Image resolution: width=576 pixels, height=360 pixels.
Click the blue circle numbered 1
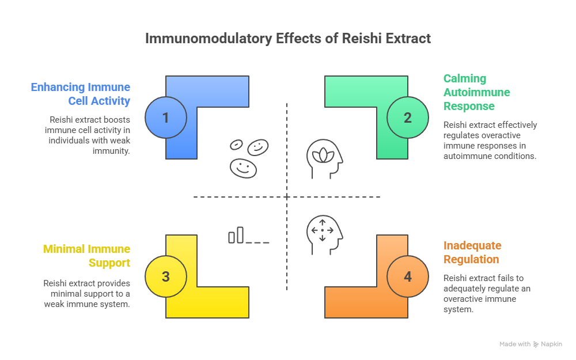point(166,118)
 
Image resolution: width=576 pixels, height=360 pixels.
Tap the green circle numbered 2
point(408,118)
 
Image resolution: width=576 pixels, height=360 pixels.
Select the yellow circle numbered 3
point(166,276)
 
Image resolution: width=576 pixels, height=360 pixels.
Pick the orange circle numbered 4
point(408,276)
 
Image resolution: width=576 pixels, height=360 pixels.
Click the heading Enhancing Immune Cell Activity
point(81,94)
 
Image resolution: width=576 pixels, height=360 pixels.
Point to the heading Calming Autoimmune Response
point(476,92)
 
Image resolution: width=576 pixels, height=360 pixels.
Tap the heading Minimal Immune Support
point(87,256)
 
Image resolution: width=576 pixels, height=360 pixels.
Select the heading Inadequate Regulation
point(472,252)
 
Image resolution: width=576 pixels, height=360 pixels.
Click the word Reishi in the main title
point(358,39)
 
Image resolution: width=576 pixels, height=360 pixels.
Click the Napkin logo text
point(551,344)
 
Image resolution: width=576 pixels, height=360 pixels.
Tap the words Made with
point(515,344)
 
